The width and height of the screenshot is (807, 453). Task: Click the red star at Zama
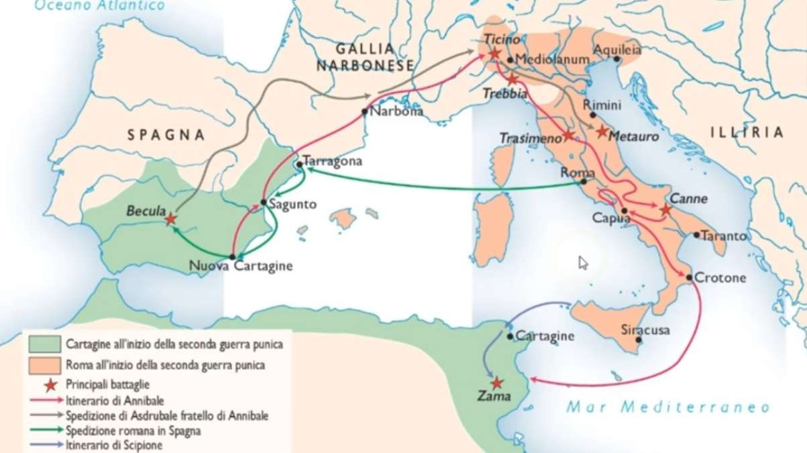[496, 383]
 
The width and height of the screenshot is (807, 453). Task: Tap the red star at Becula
[171, 218]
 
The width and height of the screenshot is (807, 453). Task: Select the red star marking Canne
[665, 210]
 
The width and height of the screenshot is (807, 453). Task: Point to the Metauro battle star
[602, 132]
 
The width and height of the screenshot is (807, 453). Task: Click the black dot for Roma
[584, 181]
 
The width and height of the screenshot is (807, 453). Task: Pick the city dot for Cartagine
[510, 336]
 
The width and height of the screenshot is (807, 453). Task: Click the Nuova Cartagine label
[241, 266]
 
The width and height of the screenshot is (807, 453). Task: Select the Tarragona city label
[333, 162]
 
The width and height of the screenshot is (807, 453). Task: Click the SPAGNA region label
[166, 135]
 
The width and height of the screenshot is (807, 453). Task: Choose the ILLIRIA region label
[747, 132]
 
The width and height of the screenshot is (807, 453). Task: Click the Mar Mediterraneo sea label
[667, 407]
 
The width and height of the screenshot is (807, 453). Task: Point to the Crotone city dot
[690, 276]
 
